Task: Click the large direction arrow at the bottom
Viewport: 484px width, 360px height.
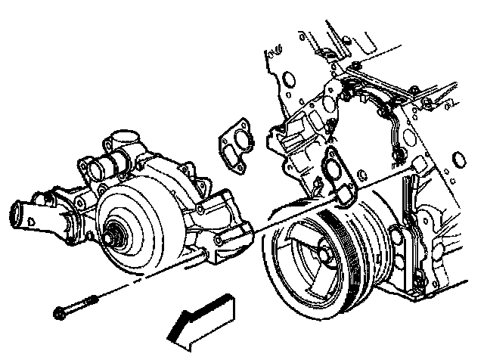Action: click(x=200, y=317)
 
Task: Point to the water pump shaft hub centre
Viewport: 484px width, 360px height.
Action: click(x=115, y=234)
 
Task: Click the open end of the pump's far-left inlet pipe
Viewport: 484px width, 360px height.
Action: click(x=18, y=216)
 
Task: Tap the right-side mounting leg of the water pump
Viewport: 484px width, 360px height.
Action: click(x=227, y=227)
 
